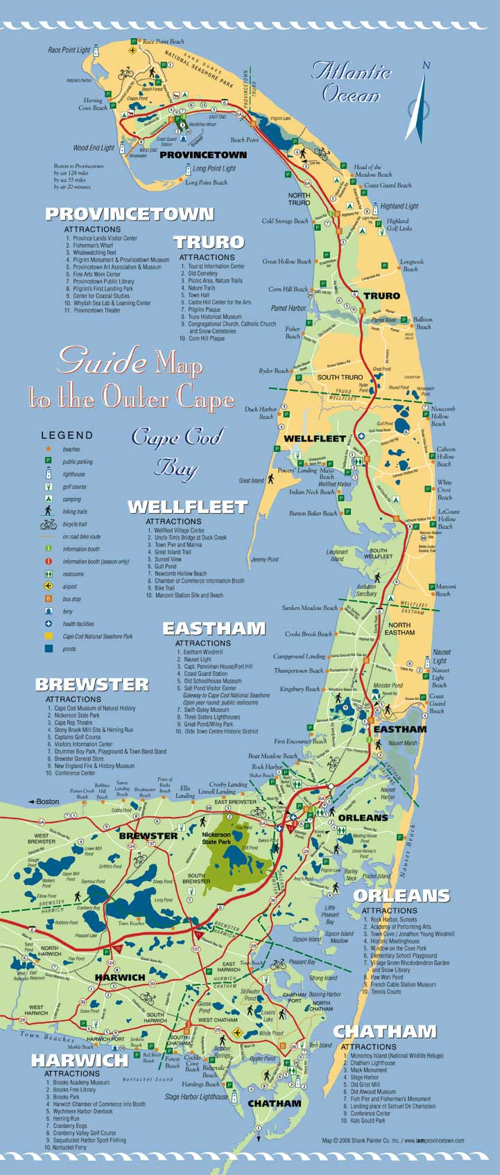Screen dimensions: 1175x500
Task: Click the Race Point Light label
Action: click(x=69, y=50)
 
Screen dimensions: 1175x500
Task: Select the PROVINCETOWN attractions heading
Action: click(x=130, y=214)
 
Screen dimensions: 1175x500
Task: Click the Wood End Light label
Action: click(x=94, y=148)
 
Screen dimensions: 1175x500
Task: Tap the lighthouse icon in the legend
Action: click(x=49, y=474)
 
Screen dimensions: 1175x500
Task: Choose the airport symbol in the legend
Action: click(x=49, y=586)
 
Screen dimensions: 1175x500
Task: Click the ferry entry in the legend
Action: click(x=67, y=611)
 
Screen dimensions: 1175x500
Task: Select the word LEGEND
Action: click(x=67, y=435)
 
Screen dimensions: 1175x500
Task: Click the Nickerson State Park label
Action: click(x=216, y=839)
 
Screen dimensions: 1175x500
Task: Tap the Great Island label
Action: click(x=252, y=480)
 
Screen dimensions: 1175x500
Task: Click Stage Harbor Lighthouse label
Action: click(x=196, y=1097)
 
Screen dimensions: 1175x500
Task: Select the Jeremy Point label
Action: click(x=264, y=559)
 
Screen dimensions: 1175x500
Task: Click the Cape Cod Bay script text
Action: click(x=177, y=451)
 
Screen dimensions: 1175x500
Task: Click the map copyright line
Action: click(x=393, y=1140)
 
